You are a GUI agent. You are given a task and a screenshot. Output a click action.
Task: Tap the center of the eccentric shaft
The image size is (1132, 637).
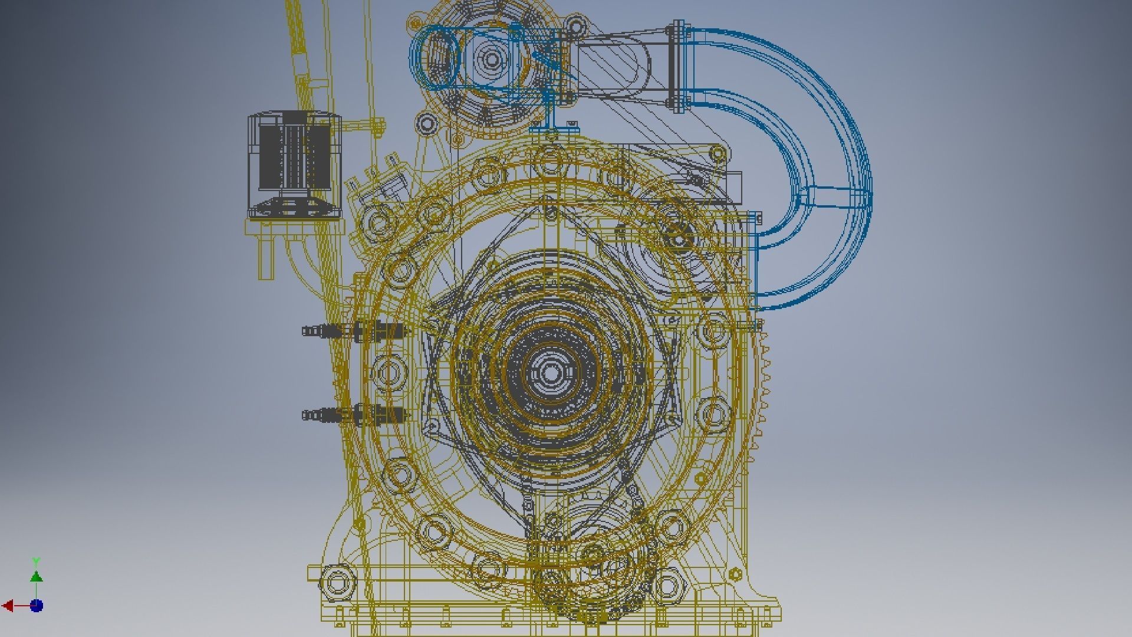pyautogui.click(x=551, y=373)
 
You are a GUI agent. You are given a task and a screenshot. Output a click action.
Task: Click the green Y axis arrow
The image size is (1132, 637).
pyautogui.click(x=36, y=575)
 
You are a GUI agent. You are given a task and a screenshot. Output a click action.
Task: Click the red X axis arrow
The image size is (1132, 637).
pyautogui.click(x=8, y=606)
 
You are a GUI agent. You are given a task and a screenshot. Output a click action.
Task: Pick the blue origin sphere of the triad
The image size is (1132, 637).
pyautogui.click(x=37, y=606)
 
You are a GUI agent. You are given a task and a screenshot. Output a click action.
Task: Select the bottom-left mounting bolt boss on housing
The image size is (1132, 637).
pyautogui.click(x=337, y=583)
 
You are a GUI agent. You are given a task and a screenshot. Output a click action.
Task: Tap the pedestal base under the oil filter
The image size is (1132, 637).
pyautogui.click(x=293, y=208)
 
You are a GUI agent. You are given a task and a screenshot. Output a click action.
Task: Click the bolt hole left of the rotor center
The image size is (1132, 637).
pyautogui.click(x=387, y=373)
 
